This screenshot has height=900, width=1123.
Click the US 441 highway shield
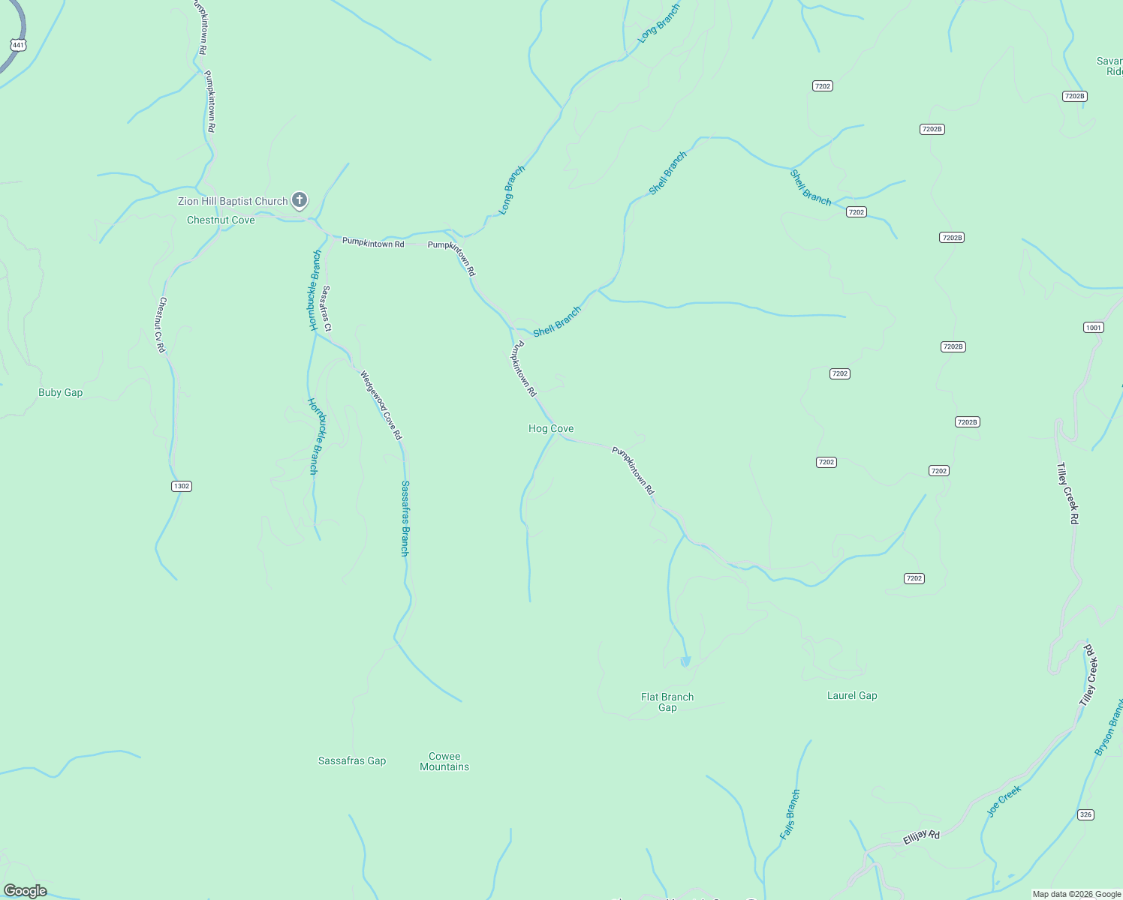[18, 45]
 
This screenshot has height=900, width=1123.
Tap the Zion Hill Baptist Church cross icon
[299, 199]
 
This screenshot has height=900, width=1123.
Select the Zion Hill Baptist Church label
[233, 201]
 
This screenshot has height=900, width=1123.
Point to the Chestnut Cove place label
[221, 220]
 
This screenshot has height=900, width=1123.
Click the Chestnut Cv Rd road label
[161, 325]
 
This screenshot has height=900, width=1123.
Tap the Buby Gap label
[60, 392]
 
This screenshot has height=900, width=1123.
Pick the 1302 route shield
[182, 486]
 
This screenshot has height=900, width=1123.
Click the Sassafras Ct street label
[326, 307]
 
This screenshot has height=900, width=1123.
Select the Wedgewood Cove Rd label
[381, 405]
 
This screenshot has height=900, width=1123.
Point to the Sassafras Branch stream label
[405, 518]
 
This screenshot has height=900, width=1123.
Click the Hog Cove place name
[551, 428]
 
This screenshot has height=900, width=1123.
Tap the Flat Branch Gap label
[667, 702]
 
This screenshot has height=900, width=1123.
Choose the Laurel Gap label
[852, 695]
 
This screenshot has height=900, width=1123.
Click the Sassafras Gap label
[352, 760]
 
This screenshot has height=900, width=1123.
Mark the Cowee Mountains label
[444, 761]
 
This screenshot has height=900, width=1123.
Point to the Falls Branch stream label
[790, 814]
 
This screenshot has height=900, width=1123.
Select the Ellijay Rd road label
[921, 838]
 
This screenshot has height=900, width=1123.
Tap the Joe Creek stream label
[1004, 801]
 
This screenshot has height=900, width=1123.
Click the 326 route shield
[1085, 814]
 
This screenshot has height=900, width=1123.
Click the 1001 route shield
[1094, 327]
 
